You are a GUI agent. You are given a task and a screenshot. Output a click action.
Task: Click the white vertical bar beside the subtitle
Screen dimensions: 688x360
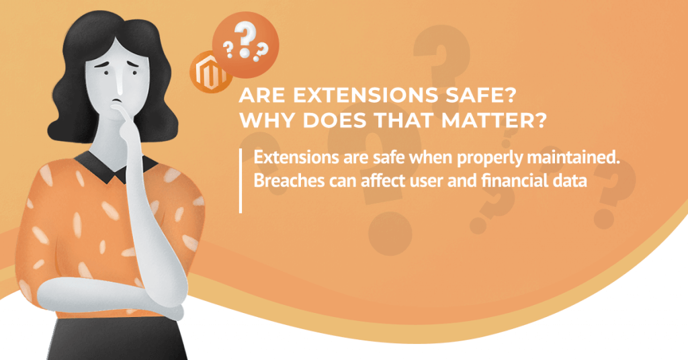click(241, 181)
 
